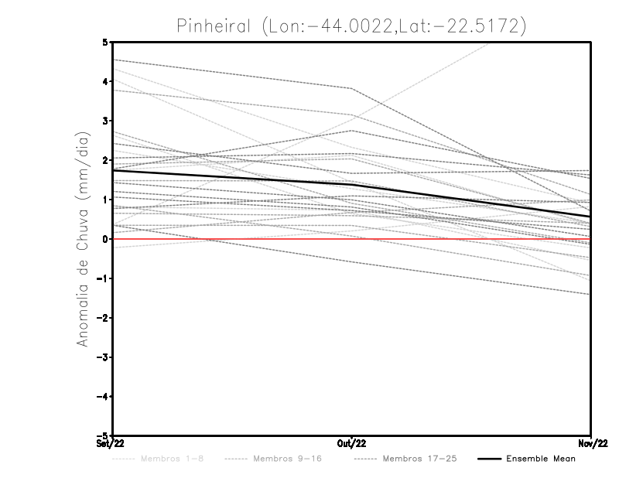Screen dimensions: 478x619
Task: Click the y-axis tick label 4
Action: pyautogui.click(x=106, y=81)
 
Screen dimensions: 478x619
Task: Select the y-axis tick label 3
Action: pyautogui.click(x=106, y=121)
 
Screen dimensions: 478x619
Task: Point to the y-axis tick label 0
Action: pyautogui.click(x=106, y=239)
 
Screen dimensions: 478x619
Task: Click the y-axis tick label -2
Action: pyautogui.click(x=103, y=318)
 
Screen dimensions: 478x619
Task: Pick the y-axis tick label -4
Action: pyautogui.click(x=103, y=397)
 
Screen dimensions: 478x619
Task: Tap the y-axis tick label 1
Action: pyautogui.click(x=106, y=200)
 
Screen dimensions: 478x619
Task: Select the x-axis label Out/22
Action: pyautogui.click(x=352, y=443)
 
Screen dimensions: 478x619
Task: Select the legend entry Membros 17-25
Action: pyautogui.click(x=420, y=459)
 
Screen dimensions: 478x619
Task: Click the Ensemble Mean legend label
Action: pyautogui.click(x=540, y=459)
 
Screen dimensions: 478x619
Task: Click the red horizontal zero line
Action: pyautogui.click(x=232, y=239)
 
